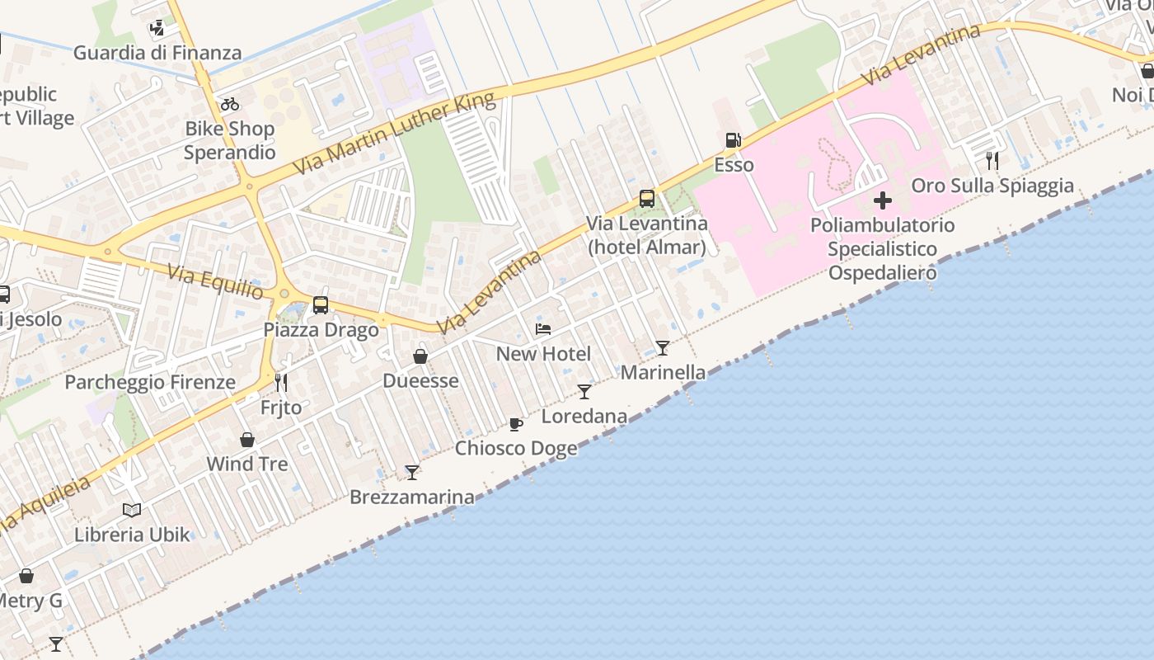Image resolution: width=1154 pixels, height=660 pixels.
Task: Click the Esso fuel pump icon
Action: pos(732,140)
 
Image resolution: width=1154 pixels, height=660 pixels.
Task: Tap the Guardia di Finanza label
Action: pos(157,53)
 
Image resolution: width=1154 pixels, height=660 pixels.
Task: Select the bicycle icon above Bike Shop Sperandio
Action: pos(230,104)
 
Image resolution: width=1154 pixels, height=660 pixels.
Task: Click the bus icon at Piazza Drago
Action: pos(321,305)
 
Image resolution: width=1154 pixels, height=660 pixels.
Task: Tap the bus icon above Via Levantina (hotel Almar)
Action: pos(647,199)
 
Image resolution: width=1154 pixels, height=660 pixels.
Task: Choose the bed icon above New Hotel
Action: pos(543,329)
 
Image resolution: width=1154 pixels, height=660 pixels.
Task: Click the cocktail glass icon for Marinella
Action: pos(663,348)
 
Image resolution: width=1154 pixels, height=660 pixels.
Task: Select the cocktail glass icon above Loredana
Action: pos(584,392)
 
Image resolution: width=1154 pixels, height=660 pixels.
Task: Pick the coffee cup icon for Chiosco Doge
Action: pos(516,424)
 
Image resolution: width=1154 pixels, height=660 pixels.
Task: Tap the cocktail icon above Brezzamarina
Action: pos(412,473)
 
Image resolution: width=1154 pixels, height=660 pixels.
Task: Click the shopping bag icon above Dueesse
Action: pos(420,356)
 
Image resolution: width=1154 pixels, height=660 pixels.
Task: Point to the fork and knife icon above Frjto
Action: pos(281,383)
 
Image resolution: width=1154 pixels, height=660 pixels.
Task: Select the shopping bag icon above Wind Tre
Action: pos(247,440)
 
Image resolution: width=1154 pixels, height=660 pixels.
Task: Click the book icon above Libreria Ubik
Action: pos(132,510)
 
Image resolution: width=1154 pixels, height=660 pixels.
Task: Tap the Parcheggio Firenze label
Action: pos(150,382)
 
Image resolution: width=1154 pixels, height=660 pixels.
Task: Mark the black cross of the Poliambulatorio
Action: pos(882,200)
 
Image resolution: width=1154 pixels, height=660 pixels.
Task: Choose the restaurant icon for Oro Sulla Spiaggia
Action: pos(992,161)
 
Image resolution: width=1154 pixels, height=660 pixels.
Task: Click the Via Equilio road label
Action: pos(216,282)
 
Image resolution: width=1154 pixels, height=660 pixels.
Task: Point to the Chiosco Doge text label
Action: pos(516,448)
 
